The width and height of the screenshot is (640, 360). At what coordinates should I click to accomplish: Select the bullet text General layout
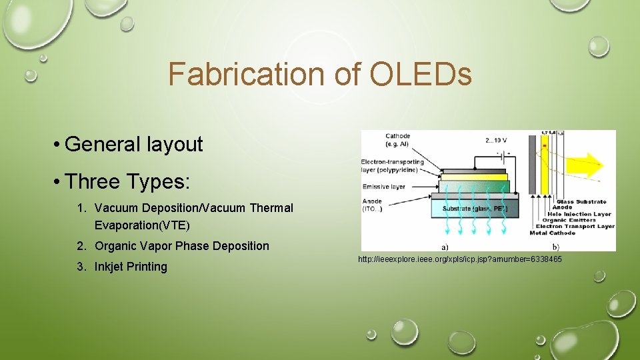[x=134, y=144]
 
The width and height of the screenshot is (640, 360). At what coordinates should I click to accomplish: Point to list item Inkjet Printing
[x=131, y=267]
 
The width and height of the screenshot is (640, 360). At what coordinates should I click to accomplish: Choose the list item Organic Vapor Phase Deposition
[x=181, y=246]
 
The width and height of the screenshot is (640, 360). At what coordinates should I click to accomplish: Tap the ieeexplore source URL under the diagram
[x=459, y=259]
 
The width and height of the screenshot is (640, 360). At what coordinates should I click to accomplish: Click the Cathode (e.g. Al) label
[x=398, y=140]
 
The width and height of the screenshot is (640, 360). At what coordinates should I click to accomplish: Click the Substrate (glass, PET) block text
[x=474, y=209]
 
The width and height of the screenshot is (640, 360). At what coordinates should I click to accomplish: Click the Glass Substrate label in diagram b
[x=581, y=201]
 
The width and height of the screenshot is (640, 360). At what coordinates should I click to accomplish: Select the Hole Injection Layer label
[x=584, y=214]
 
